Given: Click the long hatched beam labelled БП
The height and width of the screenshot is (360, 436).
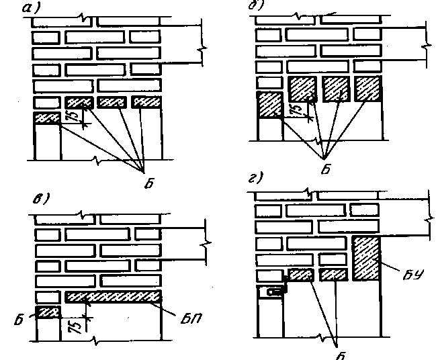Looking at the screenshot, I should coord(113,296).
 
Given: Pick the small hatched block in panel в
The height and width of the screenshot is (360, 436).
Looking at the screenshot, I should coord(48,312).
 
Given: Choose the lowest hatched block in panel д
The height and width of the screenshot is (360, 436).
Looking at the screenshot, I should coord(269,106).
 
